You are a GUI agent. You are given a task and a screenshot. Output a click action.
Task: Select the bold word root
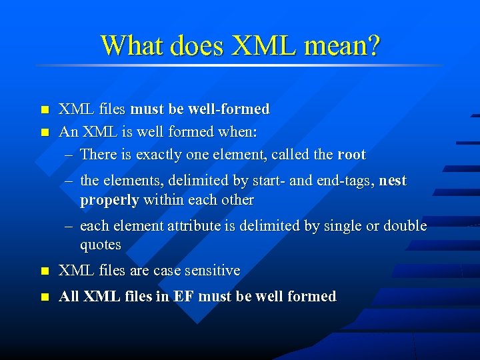coord(351,155)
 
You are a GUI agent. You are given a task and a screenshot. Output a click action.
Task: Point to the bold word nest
coord(392,181)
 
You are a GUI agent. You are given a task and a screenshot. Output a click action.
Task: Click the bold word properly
coord(109,200)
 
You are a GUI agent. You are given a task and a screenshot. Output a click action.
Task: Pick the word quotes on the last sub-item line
coord(101,245)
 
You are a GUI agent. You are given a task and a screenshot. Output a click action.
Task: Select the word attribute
coord(193,226)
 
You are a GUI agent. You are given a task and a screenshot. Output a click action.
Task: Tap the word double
coord(404,226)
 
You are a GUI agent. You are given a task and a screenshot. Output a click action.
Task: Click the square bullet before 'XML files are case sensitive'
coord(45,271)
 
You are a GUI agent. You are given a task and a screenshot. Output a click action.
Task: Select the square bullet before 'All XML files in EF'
coord(45,297)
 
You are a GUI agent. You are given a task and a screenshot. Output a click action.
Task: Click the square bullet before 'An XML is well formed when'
coord(45,133)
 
